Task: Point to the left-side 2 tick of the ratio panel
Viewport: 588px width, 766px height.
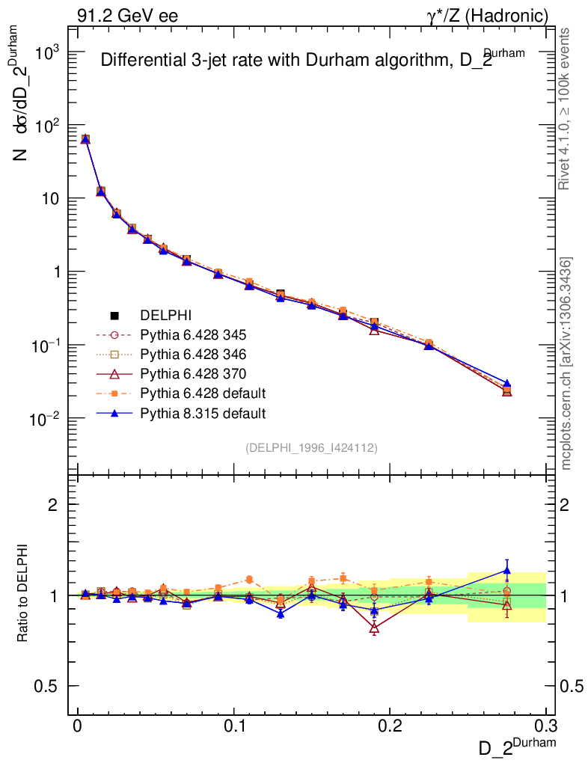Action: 53,505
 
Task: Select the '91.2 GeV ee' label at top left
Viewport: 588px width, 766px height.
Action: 127,16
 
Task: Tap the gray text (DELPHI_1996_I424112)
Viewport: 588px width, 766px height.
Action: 311,447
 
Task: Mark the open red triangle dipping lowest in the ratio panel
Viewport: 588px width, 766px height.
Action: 374,629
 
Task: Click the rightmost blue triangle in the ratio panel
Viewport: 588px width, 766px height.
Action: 507,571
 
